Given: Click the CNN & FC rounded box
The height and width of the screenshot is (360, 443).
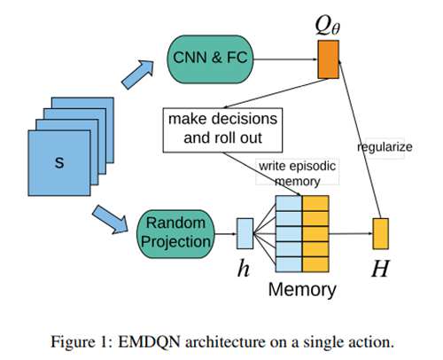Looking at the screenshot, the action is pyautogui.click(x=210, y=59).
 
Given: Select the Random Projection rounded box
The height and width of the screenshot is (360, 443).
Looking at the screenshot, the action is pyautogui.click(x=175, y=234).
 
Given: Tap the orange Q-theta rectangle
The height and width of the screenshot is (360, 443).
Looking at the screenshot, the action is pyautogui.click(x=328, y=59).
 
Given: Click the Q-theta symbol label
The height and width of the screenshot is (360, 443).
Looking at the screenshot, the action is pyautogui.click(x=328, y=26).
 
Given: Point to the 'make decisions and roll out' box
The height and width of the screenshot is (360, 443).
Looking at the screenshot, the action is pyautogui.click(x=222, y=130).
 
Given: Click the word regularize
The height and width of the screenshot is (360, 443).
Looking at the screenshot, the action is pyautogui.click(x=385, y=147).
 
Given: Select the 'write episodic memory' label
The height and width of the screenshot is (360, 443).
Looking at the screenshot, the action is pyautogui.click(x=297, y=174).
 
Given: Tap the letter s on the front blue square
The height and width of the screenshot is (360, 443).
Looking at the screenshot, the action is pyautogui.click(x=59, y=162).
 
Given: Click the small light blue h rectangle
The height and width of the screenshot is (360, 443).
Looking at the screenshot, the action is pyautogui.click(x=245, y=233).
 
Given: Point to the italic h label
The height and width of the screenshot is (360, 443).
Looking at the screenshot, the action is pyautogui.click(x=244, y=269).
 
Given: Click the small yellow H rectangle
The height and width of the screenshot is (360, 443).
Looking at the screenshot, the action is pyautogui.click(x=380, y=233).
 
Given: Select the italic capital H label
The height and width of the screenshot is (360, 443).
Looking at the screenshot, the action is pyautogui.click(x=380, y=269).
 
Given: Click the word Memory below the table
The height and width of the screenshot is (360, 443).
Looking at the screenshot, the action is pyautogui.click(x=302, y=290).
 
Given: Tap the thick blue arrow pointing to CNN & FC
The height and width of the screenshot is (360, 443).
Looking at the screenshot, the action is pyautogui.click(x=138, y=74).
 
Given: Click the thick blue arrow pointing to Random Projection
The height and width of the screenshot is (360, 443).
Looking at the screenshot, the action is pyautogui.click(x=111, y=220).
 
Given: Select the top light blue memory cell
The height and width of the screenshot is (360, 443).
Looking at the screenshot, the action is pyautogui.click(x=289, y=203).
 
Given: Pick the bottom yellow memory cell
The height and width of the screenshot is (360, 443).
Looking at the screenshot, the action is pyautogui.click(x=315, y=264).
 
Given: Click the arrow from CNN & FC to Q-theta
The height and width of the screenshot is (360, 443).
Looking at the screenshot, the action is pyautogui.click(x=285, y=59).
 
